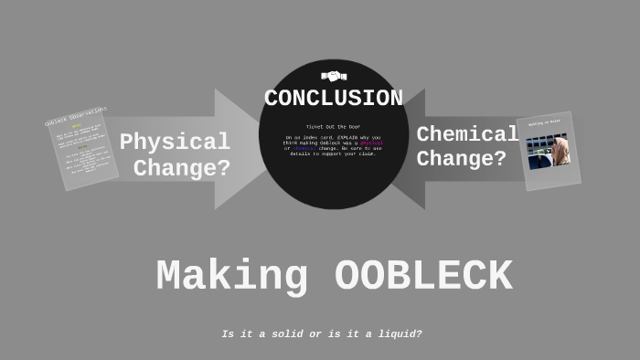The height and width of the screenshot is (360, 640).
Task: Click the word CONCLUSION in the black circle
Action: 334,98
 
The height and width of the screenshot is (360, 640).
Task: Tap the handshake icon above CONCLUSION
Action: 334,76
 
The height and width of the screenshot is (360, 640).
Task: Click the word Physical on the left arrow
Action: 175,143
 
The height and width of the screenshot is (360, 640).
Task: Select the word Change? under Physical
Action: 182,168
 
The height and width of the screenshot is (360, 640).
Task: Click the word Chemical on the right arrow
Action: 467,134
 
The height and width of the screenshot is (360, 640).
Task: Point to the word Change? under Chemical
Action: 462,159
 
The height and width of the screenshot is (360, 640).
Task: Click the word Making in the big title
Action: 231,277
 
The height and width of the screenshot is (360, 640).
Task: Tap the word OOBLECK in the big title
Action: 423,277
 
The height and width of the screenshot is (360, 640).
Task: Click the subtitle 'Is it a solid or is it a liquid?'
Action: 322,334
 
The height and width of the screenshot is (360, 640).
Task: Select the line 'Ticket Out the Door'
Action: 334,126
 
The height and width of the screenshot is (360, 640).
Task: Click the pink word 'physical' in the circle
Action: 370,143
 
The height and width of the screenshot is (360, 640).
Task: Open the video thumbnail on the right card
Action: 549,151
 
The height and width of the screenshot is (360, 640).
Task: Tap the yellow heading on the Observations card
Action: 77,126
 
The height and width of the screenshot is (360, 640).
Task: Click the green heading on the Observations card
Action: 83,147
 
